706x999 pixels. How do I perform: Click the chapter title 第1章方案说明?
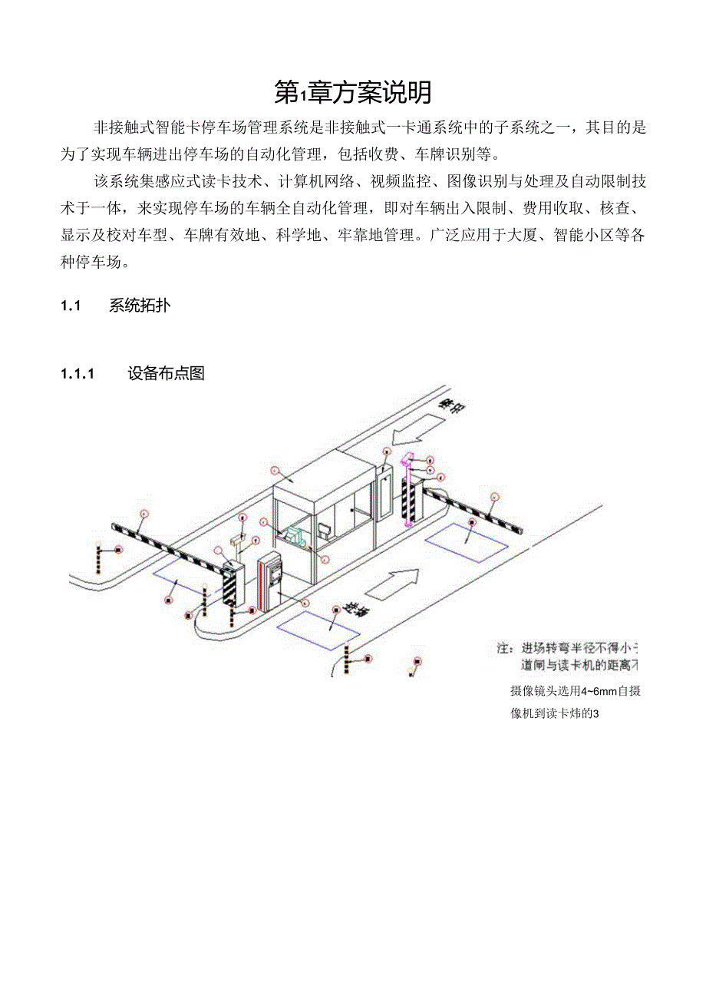point(353,93)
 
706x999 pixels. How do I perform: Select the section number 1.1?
point(71,306)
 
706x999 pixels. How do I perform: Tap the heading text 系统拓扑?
point(140,306)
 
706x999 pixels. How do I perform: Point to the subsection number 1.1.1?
point(77,374)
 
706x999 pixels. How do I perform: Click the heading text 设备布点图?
point(167,374)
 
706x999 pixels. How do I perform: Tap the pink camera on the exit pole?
point(407,460)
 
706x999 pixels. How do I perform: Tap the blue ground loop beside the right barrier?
point(467,542)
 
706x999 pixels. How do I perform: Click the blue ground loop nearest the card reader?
point(318,626)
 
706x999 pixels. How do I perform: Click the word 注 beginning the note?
point(504,647)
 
